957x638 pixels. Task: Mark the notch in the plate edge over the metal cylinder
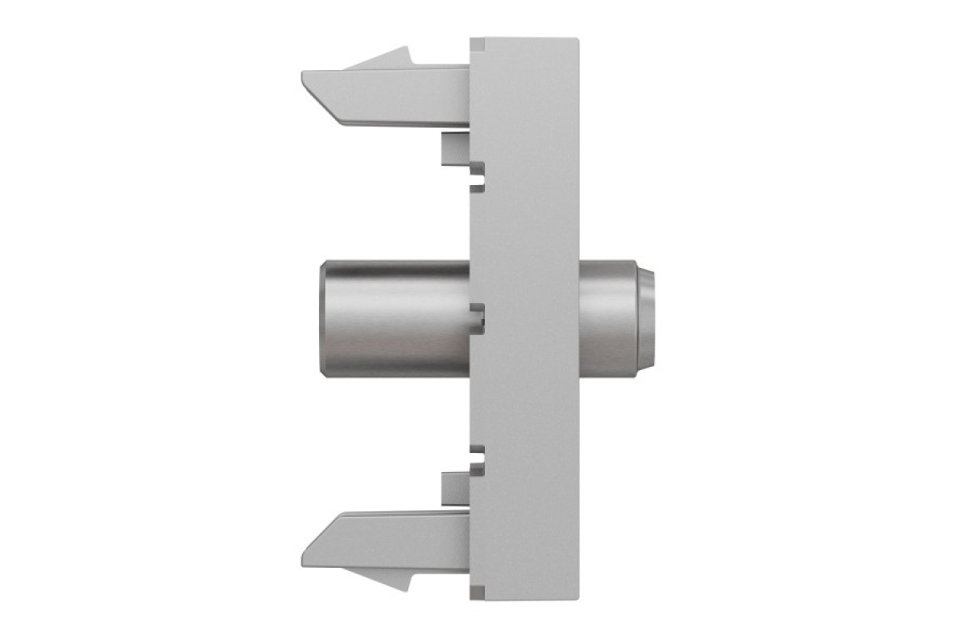[478, 319]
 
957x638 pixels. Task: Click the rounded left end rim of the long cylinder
[323, 319]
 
